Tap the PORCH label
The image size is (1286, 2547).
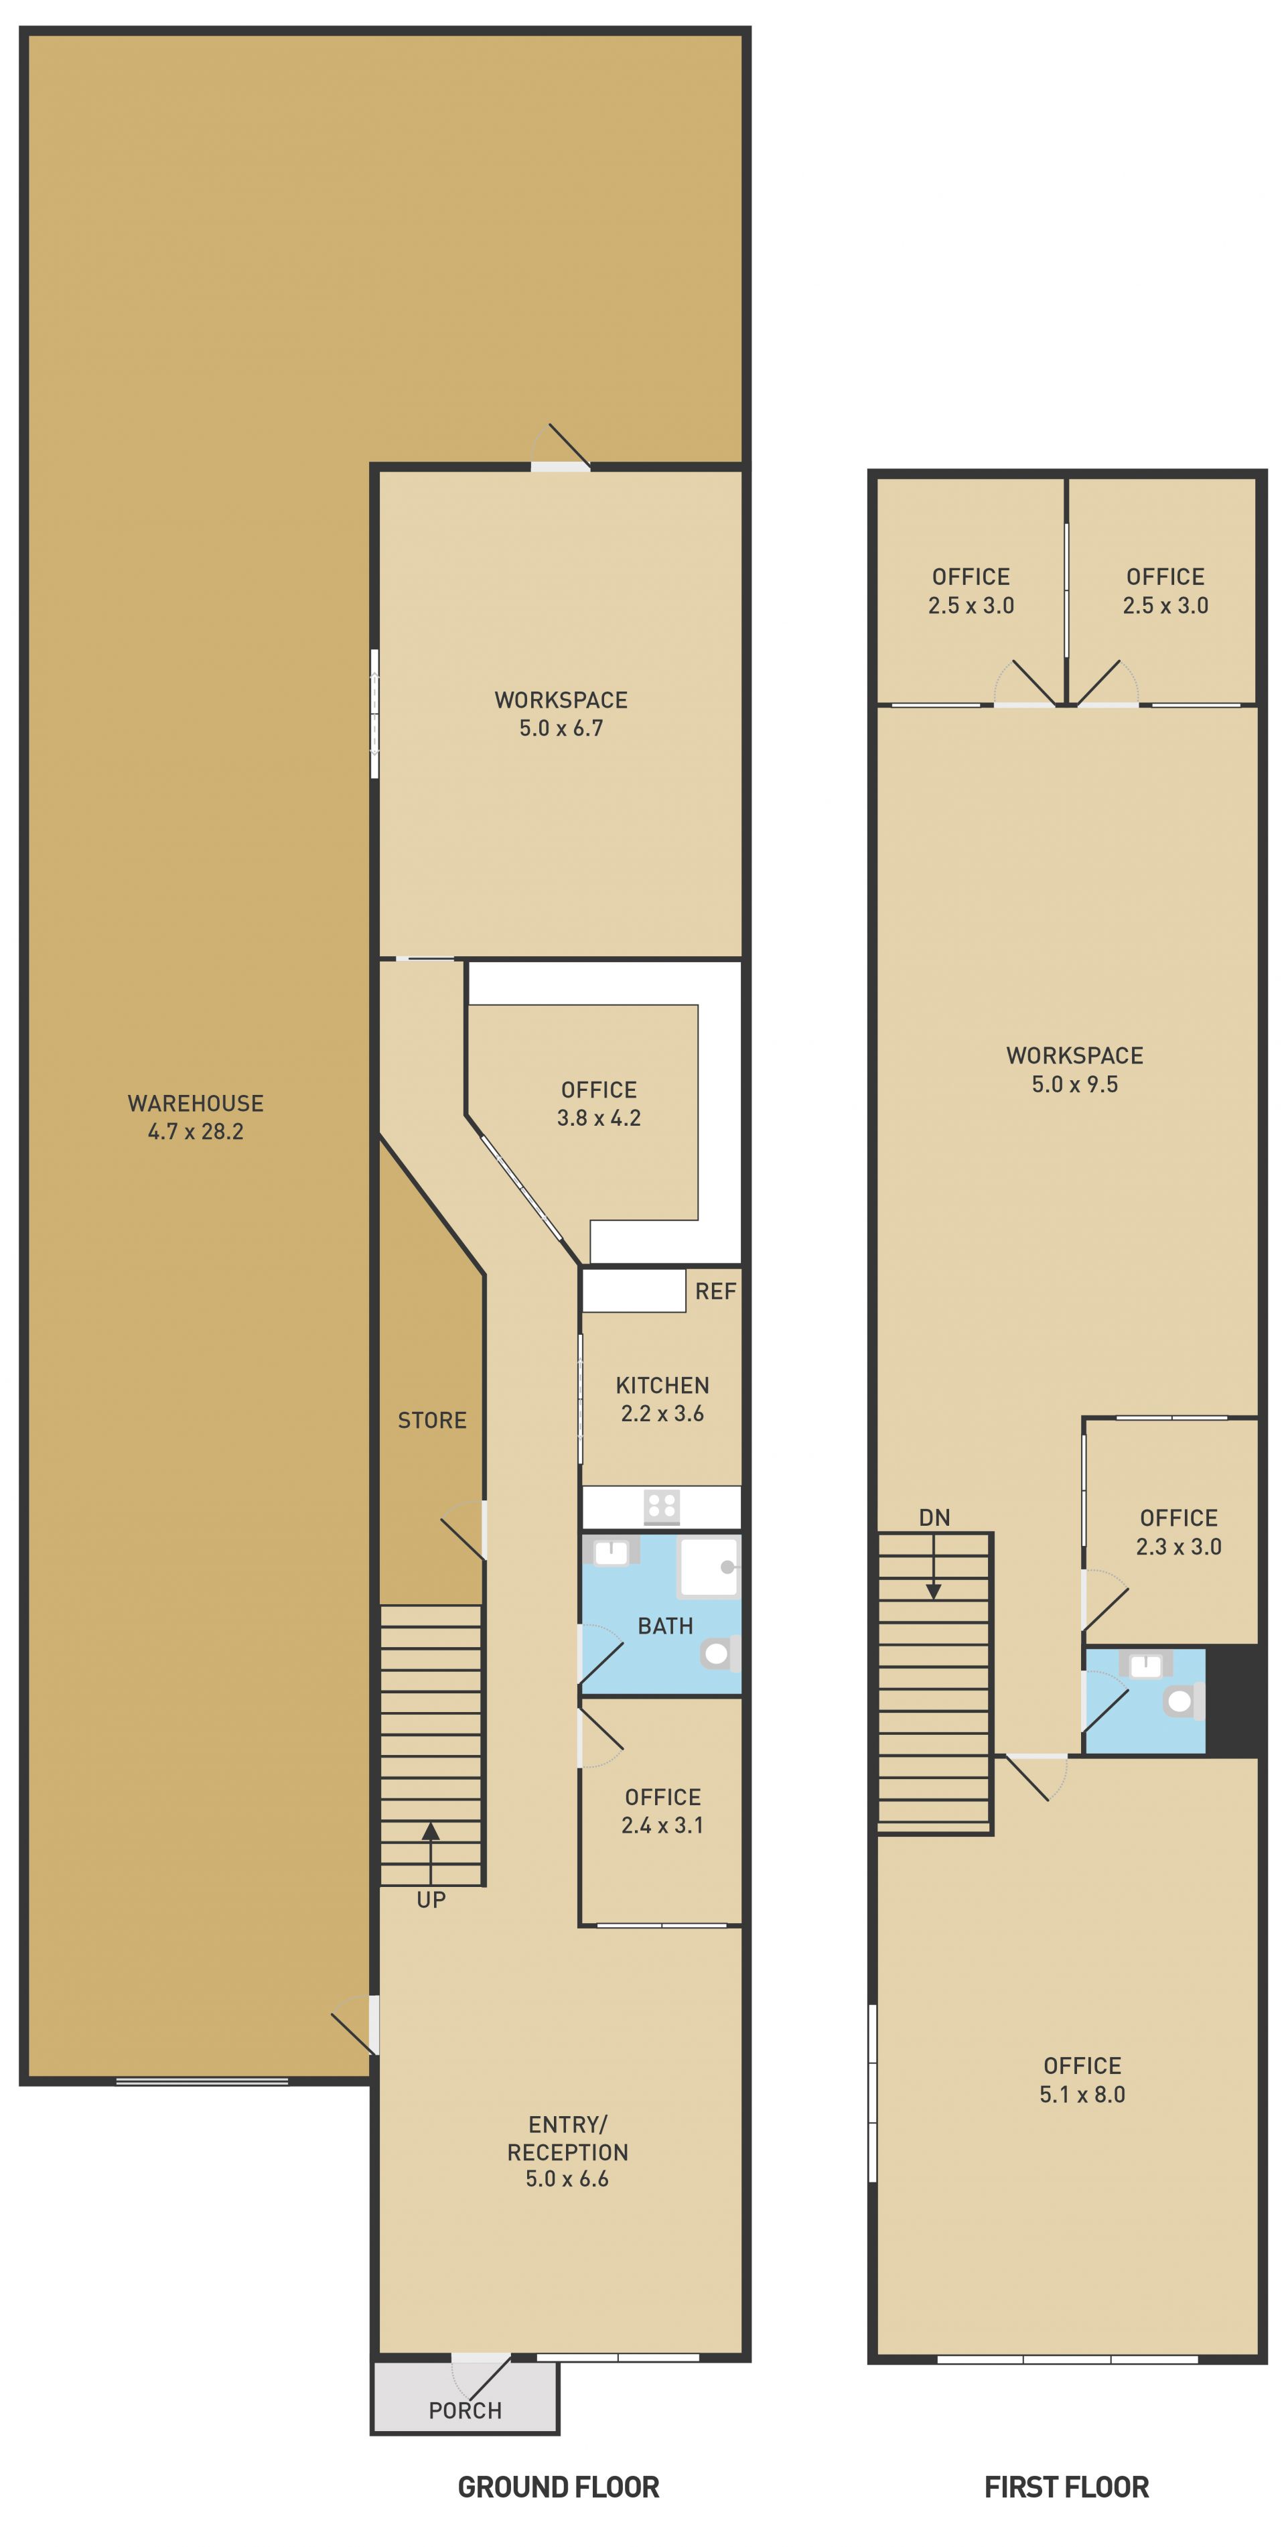[x=465, y=2410]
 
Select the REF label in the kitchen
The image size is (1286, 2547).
[x=715, y=1291]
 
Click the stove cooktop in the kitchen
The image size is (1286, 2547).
[x=661, y=1507]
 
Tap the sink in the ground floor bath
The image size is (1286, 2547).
[x=611, y=1551]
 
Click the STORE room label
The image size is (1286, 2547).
[x=432, y=1420]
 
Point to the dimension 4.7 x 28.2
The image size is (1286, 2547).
[x=196, y=1131]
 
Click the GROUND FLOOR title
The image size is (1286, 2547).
[x=559, y=2487]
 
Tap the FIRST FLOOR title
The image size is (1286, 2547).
[x=1066, y=2487]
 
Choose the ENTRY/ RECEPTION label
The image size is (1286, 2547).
[x=567, y=2138]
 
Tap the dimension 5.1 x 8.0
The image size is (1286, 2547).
[x=1082, y=2094]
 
